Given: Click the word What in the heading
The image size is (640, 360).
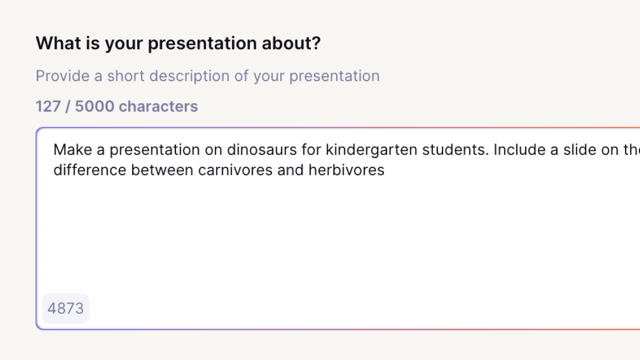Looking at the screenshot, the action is pos(58,43).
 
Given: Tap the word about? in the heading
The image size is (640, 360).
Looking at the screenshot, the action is pos(291,43).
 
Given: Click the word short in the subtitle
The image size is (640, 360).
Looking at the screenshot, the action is pos(125,76).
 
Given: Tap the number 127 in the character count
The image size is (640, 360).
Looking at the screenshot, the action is pos(48,107).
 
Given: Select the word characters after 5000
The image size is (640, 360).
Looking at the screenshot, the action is pos(158,107).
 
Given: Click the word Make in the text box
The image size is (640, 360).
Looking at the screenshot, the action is pos(73,150).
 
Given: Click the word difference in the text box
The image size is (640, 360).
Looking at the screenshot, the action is pos(90,170).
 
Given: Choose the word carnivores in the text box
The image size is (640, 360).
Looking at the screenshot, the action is pos(235,170).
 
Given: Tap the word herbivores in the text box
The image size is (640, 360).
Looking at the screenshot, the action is pos(346,170).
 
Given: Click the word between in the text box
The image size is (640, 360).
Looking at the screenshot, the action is pos(162,170).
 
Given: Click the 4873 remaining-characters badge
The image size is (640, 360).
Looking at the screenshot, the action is pos(65,308).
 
